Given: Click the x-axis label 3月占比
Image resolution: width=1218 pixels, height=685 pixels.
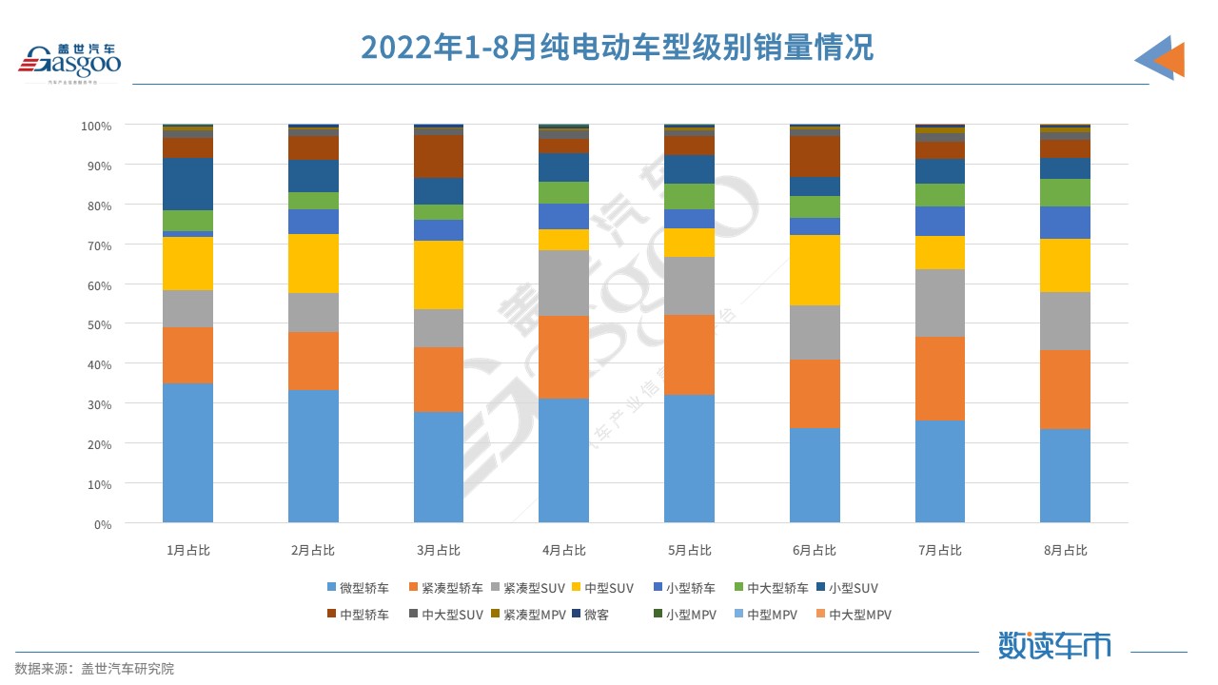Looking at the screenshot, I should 438,550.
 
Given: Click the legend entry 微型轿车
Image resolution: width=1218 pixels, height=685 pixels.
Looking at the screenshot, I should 357,588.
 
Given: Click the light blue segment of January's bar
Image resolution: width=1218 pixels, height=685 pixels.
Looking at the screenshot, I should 187,452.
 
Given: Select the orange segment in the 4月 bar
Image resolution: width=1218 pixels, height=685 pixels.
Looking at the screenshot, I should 563,357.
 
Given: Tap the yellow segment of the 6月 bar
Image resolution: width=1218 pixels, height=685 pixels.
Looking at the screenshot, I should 815,270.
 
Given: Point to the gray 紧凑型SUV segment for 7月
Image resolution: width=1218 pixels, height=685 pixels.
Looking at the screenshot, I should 939,303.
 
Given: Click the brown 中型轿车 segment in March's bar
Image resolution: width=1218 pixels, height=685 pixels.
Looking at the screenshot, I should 439,157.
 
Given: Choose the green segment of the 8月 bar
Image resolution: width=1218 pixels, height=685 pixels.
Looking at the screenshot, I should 1065,192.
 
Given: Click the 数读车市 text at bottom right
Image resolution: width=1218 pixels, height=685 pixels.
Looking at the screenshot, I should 1053,645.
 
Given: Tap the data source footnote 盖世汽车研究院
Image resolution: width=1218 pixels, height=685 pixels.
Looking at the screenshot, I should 95,669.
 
